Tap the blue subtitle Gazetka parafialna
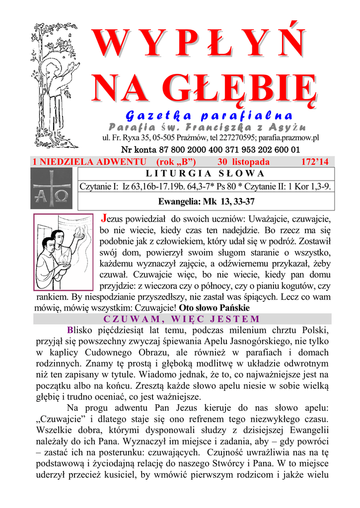tap(209, 116)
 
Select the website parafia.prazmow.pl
tap(288, 137)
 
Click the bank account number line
tap(211, 149)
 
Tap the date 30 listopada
tap(243, 162)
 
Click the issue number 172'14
tap(315, 162)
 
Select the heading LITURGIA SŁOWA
tap(205, 173)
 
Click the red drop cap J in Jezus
tap(104, 218)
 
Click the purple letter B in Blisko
tap(70, 330)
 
